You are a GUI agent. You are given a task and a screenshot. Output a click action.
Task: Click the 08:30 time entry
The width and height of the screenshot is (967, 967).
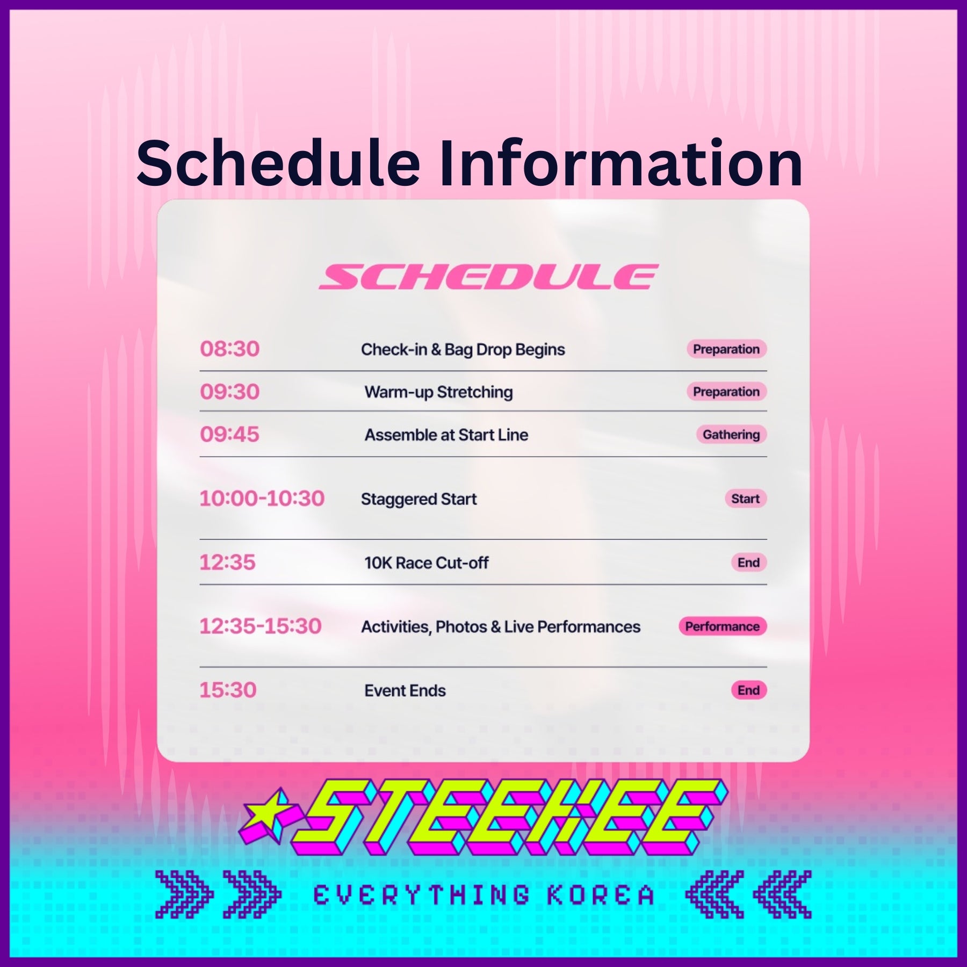click(229, 349)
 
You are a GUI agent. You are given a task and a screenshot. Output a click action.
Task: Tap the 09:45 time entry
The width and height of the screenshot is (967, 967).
click(229, 435)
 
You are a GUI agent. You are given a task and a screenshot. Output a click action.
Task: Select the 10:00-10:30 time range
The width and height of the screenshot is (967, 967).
click(262, 499)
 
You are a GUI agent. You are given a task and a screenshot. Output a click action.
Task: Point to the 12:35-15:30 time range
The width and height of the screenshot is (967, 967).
click(261, 626)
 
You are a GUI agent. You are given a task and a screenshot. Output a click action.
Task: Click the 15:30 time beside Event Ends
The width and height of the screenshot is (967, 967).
click(228, 690)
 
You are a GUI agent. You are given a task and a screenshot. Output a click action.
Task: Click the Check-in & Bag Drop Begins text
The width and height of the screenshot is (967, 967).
click(463, 350)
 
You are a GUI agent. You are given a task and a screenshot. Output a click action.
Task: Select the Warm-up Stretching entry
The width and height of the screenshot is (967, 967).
click(438, 392)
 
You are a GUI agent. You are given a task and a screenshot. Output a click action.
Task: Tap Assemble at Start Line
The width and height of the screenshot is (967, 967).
click(446, 435)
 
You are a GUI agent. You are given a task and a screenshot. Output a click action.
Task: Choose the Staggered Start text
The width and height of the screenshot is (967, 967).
click(419, 499)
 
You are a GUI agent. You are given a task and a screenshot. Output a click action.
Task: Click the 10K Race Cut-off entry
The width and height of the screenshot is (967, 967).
click(427, 563)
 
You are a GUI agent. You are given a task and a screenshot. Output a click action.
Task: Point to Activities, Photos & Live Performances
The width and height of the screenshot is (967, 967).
click(501, 627)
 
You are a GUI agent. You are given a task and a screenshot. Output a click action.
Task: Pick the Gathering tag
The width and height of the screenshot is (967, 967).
click(731, 435)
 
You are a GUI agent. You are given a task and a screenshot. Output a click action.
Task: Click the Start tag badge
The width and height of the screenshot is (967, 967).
click(746, 499)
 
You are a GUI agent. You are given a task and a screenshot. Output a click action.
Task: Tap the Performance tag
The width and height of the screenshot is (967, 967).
click(723, 626)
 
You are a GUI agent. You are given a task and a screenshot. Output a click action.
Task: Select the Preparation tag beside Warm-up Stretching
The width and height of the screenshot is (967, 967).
click(726, 392)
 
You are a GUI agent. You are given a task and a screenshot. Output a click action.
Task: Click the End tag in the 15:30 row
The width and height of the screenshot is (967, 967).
click(749, 690)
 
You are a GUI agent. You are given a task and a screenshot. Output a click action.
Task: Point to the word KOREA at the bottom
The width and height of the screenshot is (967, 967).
click(601, 896)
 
